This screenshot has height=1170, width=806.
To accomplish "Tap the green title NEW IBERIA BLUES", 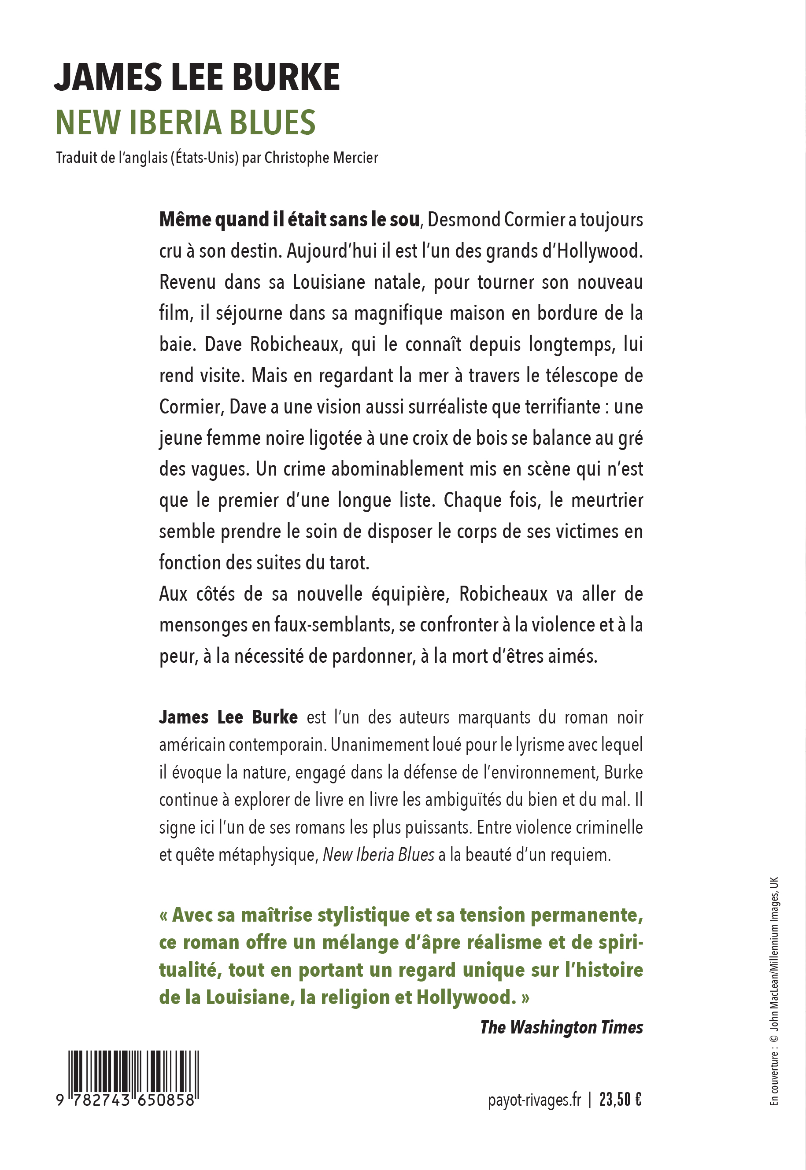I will (x=185, y=123).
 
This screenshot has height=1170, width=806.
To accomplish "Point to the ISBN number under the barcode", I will (x=126, y=1100).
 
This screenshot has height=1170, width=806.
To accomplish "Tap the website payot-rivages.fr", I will (x=534, y=1100).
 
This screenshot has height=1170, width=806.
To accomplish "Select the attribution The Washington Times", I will (x=561, y=1027).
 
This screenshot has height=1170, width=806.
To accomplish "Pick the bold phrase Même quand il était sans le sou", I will (x=289, y=220).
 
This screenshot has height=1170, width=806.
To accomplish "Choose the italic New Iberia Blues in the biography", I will (x=378, y=854).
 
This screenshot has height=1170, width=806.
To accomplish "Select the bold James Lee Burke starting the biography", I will (x=228, y=717).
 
